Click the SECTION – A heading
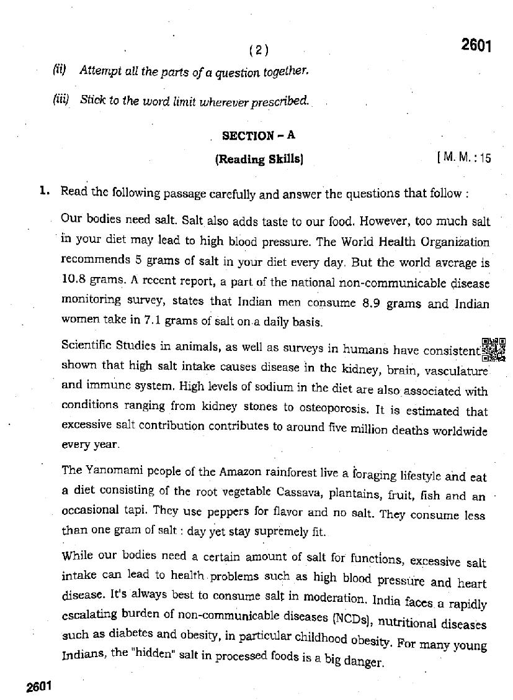(x=257, y=135)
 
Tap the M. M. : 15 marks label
(x=464, y=158)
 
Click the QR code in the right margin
(x=494, y=349)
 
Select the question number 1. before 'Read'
(x=44, y=191)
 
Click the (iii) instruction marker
(x=61, y=99)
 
